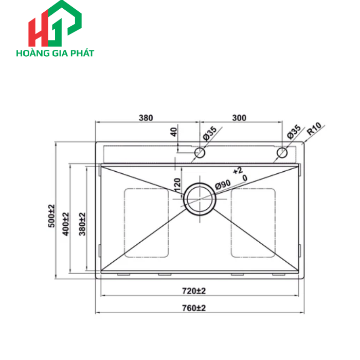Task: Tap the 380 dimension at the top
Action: coord(146,118)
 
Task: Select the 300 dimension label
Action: coord(239,118)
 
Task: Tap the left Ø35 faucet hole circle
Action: coord(200,153)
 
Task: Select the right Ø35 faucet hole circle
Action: coord(282,153)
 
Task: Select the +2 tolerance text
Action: coord(237,170)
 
